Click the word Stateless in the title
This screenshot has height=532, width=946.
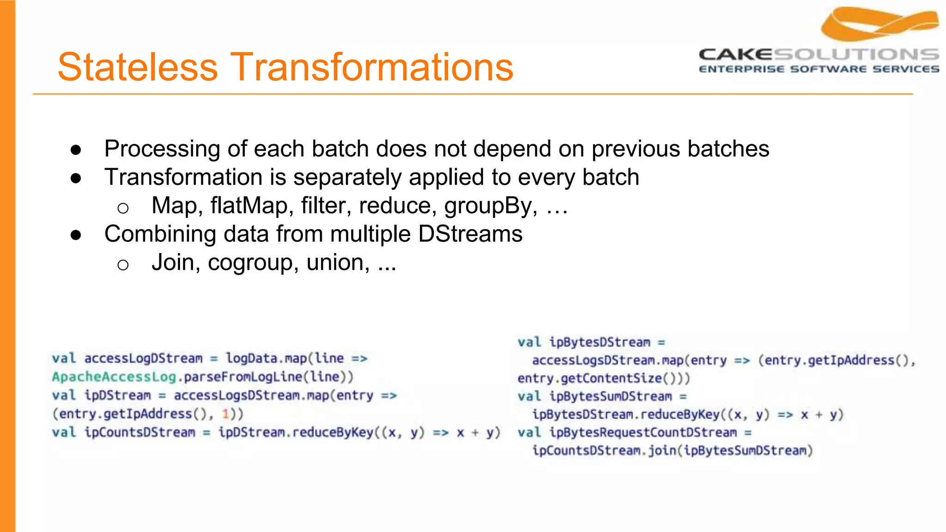point(137,67)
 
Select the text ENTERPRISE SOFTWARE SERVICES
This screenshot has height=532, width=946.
point(819,69)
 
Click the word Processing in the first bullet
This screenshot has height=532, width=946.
point(162,149)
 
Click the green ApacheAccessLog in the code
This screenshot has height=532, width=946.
point(114,377)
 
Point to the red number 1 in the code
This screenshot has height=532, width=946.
point(225,414)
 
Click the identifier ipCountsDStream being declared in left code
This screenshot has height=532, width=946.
point(139,432)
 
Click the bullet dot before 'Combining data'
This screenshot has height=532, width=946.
point(76,235)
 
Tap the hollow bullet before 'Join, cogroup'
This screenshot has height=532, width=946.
point(123,265)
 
